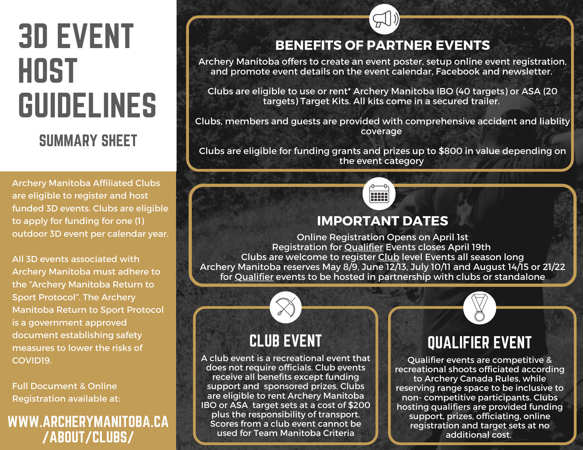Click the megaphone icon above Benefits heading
(384, 19)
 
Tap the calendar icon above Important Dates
(379, 194)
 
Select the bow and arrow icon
(285, 307)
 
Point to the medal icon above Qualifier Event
(479, 308)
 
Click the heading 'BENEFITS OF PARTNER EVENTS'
(382, 45)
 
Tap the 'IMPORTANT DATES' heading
(382, 221)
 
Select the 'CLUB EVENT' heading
(285, 341)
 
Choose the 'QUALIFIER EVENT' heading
(480, 343)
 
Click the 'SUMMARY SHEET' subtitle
(88, 141)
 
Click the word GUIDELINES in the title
(87, 105)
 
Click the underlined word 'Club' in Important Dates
(389, 257)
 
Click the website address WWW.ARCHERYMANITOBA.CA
(88, 422)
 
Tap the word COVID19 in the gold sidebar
(31, 361)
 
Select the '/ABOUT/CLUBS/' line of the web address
(88, 437)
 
